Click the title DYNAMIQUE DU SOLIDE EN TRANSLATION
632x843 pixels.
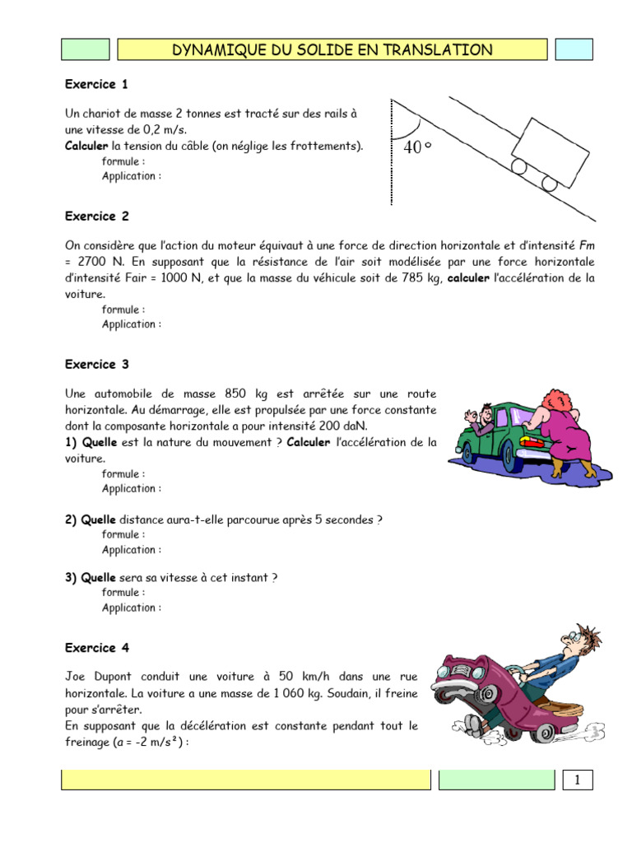(x=332, y=50)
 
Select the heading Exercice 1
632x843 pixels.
(x=96, y=84)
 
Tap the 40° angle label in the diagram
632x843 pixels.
(x=418, y=148)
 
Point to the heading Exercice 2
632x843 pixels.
(x=96, y=217)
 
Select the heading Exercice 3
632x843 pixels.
(x=96, y=364)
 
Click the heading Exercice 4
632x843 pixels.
(x=96, y=648)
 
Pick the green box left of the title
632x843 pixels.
(x=86, y=49)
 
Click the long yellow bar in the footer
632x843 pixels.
(x=246, y=780)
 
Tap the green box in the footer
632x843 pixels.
(x=496, y=780)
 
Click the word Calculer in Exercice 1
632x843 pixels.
(x=87, y=147)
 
